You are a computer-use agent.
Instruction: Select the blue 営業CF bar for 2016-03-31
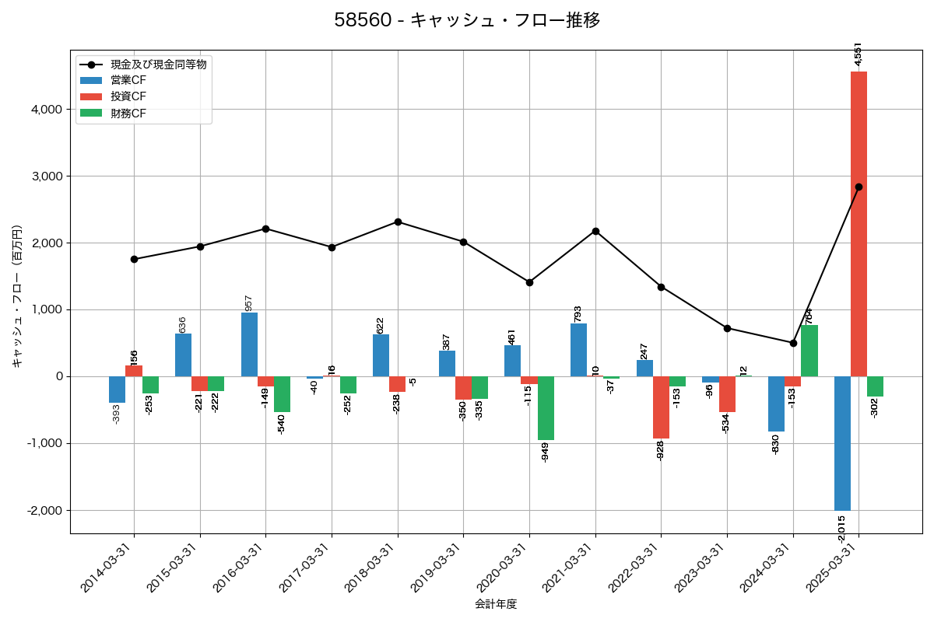(249, 344)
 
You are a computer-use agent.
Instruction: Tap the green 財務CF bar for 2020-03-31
(546, 408)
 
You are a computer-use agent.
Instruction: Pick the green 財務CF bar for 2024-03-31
(809, 351)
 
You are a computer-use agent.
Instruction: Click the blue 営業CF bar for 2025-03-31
(842, 443)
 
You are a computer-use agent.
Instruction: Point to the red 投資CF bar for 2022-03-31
(661, 407)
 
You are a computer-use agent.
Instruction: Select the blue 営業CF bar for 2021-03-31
(578, 350)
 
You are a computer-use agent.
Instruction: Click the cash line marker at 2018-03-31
(398, 222)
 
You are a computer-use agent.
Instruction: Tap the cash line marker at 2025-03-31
(859, 187)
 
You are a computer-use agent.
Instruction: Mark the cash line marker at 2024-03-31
(793, 343)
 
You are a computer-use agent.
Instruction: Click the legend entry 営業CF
(128, 80)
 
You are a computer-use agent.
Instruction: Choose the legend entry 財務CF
(128, 114)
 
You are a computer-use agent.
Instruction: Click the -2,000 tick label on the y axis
(44, 511)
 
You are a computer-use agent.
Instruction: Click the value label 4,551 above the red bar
(858, 54)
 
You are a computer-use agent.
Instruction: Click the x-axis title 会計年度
(496, 604)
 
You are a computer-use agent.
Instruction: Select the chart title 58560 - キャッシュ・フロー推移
(467, 20)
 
